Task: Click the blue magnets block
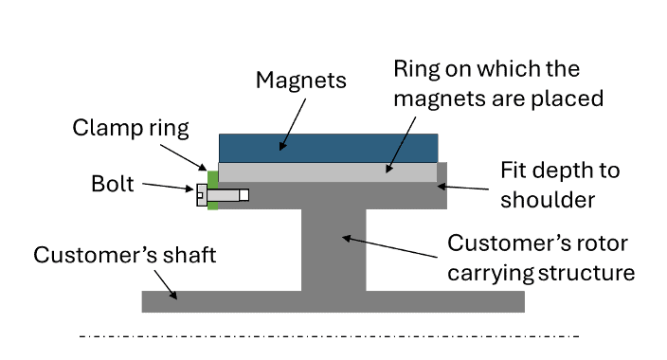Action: [x=328, y=148]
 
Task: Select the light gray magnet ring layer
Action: [x=327, y=172]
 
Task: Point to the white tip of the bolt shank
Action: [x=243, y=194]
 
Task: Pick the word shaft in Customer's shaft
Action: [x=187, y=256]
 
